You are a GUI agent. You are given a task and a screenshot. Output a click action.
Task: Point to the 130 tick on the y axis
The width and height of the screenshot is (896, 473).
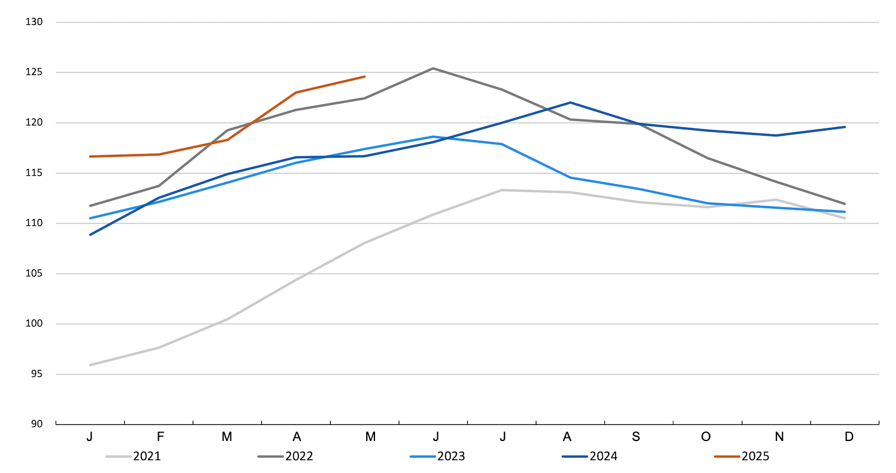34,22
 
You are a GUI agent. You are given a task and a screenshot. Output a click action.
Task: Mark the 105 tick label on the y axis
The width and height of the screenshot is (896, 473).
34,274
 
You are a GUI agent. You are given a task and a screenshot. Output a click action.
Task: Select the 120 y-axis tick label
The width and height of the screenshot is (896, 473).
34,123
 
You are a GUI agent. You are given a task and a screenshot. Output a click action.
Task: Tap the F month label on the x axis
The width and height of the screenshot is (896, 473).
160,437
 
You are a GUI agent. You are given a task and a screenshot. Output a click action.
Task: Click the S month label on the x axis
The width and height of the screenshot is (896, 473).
636,437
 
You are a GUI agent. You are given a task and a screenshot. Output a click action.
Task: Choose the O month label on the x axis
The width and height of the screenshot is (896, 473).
706,437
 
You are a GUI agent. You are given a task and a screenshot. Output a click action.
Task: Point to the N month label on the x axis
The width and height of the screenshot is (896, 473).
779,437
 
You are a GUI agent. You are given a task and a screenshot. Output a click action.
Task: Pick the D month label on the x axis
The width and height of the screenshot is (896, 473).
849,437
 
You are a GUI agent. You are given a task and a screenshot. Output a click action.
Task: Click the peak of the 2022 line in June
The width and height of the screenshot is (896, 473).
433,68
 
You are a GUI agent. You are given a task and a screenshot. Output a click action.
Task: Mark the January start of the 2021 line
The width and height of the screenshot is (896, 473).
90,365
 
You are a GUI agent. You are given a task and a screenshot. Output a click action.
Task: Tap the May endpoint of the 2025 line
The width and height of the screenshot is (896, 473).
365,76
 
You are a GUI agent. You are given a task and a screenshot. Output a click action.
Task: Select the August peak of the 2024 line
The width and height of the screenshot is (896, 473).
570,102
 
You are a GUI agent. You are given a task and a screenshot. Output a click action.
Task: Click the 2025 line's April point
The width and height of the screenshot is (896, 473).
296,92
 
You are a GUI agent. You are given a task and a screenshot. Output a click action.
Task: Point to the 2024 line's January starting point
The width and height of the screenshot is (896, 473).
90,234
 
